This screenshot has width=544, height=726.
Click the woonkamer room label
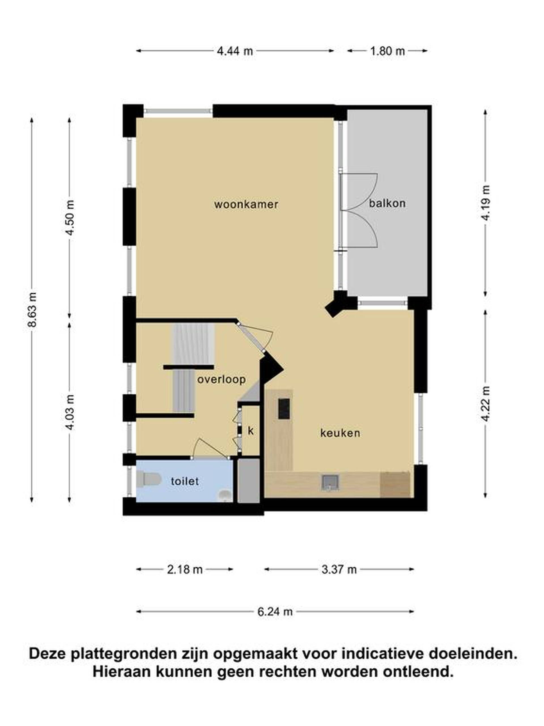(246, 204)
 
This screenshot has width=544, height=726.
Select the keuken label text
(340, 433)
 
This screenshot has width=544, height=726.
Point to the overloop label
(221, 379)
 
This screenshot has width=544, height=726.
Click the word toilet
(185, 481)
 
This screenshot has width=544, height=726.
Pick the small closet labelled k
(250, 430)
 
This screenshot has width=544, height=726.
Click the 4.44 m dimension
(235, 51)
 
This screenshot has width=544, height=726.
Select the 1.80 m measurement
(387, 51)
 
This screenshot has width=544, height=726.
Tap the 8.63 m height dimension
(32, 309)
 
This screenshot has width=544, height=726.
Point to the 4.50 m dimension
(69, 218)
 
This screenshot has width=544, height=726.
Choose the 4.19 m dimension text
(486, 203)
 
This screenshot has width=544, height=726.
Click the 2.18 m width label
(185, 569)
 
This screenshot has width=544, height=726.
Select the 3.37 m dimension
(339, 569)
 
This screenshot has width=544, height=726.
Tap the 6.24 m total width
(275, 612)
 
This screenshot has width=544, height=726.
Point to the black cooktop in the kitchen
(284, 408)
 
